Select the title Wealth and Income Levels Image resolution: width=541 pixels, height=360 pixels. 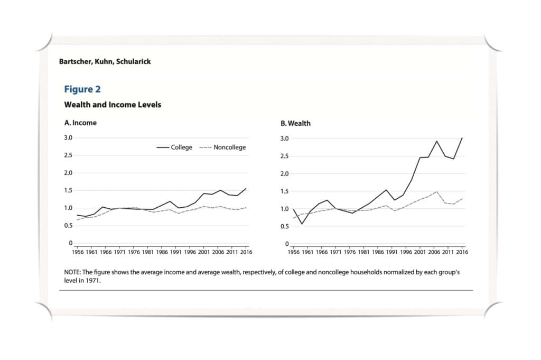pyautogui.click(x=113, y=105)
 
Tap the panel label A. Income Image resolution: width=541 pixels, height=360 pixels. pyautogui.click(x=80, y=123)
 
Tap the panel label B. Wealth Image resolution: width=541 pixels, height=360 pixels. pyautogui.click(x=295, y=123)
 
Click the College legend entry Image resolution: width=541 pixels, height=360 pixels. pyautogui.click(x=175, y=147)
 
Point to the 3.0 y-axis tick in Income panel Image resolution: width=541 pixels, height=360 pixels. pyautogui.click(x=68, y=138)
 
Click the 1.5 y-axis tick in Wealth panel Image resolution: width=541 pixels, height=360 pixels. pyautogui.click(x=284, y=191)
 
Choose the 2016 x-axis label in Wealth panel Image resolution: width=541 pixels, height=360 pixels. pyautogui.click(x=462, y=253)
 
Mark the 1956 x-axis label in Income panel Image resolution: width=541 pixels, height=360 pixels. pyautogui.click(x=77, y=252)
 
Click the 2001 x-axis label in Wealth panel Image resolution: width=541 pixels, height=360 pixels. pyautogui.click(x=419, y=253)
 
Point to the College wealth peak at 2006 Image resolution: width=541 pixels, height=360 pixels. pyautogui.click(x=437, y=141)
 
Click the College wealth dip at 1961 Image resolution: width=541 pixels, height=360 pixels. pyautogui.click(x=302, y=224)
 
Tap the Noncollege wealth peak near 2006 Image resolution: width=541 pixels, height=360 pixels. pyautogui.click(x=437, y=192)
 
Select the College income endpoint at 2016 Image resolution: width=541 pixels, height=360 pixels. pyautogui.click(x=246, y=188)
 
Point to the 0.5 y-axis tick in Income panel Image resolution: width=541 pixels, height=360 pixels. pyautogui.click(x=68, y=226)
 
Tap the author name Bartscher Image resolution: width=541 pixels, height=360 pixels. pyautogui.click(x=75, y=61)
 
